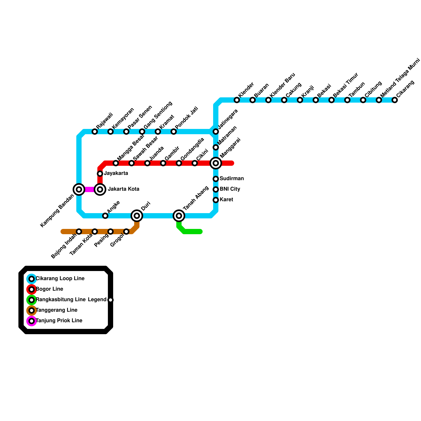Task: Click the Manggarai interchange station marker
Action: (216, 163)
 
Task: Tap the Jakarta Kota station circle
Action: (100, 189)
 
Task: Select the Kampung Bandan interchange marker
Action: (79, 189)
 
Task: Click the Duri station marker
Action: (137, 216)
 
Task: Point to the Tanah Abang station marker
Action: (179, 216)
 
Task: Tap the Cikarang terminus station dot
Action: (395, 100)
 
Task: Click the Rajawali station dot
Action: (95, 132)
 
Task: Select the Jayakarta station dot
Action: (100, 174)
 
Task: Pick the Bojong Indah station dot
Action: (79, 232)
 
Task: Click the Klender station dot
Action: (237, 100)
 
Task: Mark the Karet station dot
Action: (216, 200)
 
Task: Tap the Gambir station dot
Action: (163, 163)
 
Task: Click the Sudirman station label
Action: (232, 179)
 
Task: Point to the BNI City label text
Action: (230, 189)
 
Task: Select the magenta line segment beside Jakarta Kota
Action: (89, 189)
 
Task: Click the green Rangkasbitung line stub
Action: (192, 232)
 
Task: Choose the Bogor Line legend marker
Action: (32, 289)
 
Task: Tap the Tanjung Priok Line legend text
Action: (59, 321)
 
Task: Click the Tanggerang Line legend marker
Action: (32, 310)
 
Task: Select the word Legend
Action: (97, 300)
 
